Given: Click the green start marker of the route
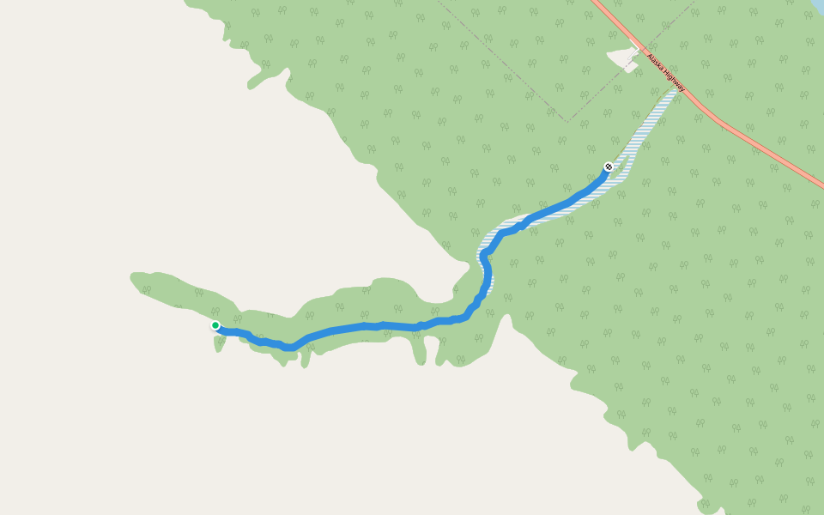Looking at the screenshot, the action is (215, 325).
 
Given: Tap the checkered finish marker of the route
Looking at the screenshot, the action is (609, 167).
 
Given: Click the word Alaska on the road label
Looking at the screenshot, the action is (657, 64).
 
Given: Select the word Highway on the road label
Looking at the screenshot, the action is (676, 83).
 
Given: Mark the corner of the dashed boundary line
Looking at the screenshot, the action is (566, 122).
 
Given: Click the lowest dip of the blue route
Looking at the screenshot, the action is (290, 347).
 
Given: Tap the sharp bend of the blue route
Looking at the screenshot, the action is (484, 254).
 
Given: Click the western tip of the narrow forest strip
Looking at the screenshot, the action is (133, 277).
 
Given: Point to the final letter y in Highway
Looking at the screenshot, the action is (684, 90).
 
